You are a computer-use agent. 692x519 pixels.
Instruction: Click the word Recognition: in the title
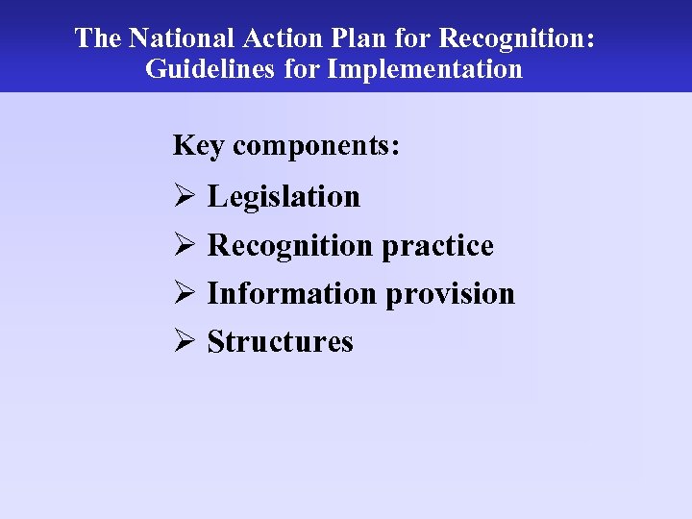coord(517,38)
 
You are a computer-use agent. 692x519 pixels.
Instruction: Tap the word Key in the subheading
coord(198,146)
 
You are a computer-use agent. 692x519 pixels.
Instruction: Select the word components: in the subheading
coord(316,146)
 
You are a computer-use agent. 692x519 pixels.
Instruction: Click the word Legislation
coord(284,196)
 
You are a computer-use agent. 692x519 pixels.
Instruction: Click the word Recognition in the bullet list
coord(290,245)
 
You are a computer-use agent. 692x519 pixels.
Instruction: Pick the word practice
coord(437,245)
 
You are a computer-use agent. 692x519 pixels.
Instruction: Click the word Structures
coord(281,341)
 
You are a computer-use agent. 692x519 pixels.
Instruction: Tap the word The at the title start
coord(97,38)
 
